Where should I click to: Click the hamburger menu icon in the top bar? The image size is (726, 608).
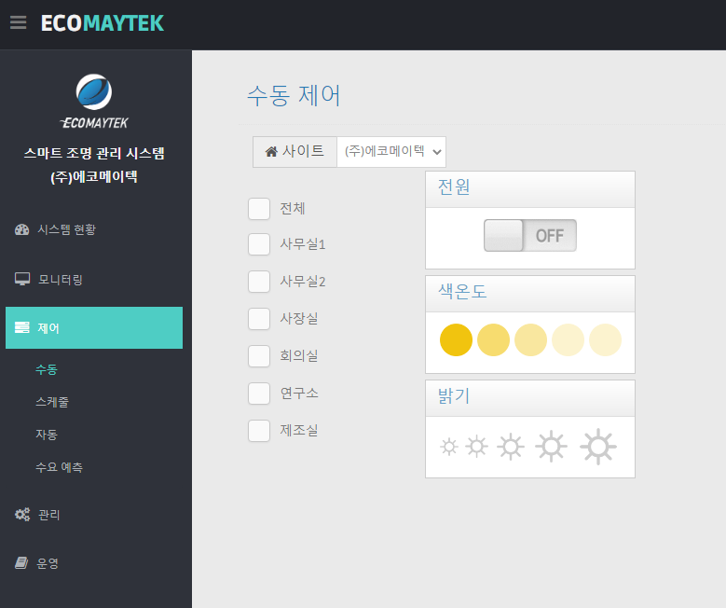[x=18, y=22]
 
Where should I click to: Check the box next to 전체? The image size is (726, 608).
[x=259, y=209]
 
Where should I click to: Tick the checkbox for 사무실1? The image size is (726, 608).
[x=259, y=244]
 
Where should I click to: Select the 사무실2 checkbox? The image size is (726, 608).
[x=259, y=282]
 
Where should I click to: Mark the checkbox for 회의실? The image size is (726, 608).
[x=259, y=356]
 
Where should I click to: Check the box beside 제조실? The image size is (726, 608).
[x=259, y=431]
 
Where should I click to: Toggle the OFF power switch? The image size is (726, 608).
[x=530, y=235]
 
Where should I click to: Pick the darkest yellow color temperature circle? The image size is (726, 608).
[x=456, y=339]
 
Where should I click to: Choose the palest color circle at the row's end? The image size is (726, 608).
[x=605, y=339]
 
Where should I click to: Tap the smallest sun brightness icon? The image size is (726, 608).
[x=448, y=447]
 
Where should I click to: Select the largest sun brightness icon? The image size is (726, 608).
[x=598, y=447]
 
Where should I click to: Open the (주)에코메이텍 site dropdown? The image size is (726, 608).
[x=391, y=152]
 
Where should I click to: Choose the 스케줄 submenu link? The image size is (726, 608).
[x=52, y=402]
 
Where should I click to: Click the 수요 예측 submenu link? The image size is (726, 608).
[x=60, y=467]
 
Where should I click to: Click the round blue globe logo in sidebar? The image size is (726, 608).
[x=94, y=91]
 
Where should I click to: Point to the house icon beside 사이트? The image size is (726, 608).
[x=271, y=152]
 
